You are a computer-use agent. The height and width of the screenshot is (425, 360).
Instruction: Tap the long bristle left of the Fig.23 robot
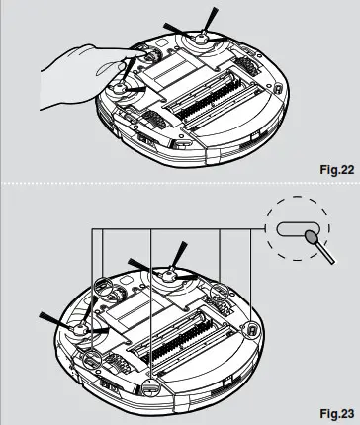[51, 319]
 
